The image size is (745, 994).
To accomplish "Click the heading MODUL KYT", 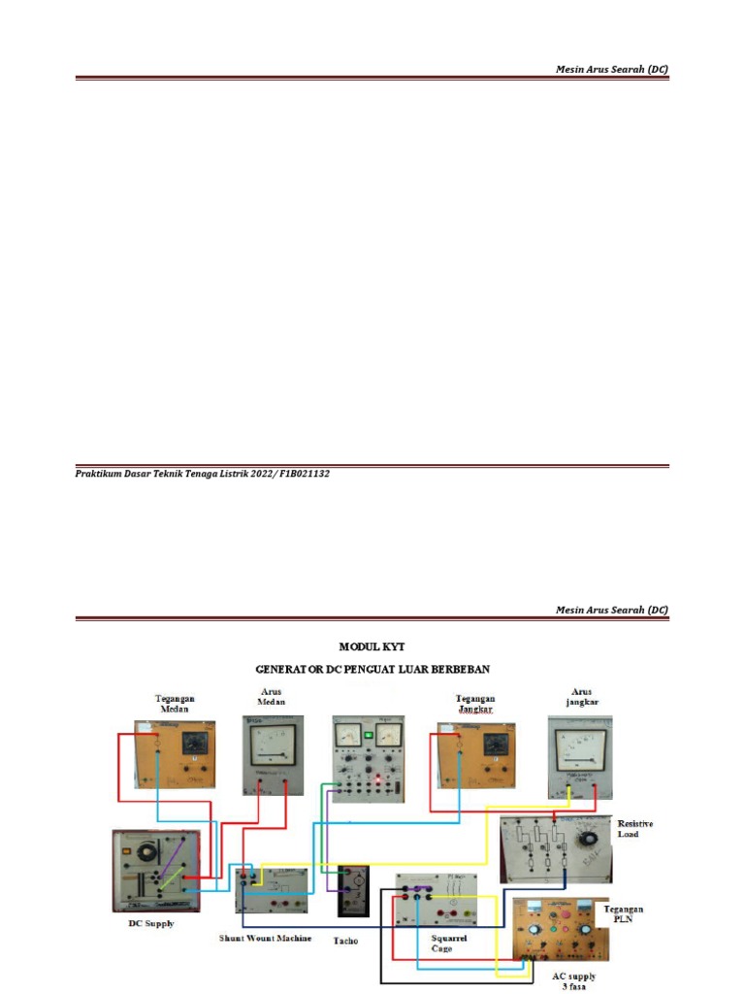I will coord(372,646).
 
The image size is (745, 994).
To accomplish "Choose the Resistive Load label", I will coord(634,828).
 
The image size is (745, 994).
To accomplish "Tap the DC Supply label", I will coord(151,923).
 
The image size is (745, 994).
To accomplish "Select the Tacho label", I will coord(345,941).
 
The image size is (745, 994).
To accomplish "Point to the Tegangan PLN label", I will coord(624,914).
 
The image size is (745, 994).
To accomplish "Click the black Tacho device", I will coord(351,890).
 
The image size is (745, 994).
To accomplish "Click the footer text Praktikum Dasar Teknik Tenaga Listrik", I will coord(203,474).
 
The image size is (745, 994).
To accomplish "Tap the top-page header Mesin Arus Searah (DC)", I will coord(611,69).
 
